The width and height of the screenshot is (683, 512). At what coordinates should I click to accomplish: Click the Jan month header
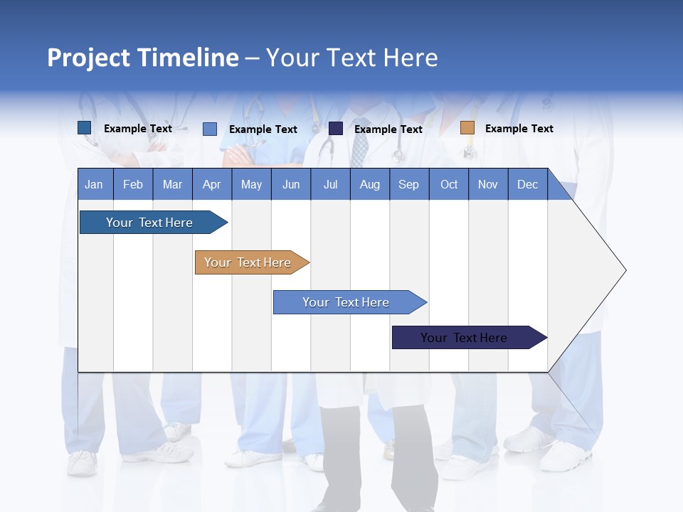click(95, 184)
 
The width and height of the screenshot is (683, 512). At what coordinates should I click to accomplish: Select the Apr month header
click(212, 184)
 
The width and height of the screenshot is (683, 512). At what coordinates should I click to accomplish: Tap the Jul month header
click(330, 184)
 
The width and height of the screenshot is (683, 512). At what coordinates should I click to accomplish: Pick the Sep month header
click(408, 184)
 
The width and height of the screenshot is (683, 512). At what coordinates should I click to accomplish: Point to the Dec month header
click(527, 184)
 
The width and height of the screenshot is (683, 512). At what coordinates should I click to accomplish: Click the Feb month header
click(133, 184)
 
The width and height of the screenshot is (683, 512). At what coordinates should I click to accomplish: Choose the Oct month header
click(449, 184)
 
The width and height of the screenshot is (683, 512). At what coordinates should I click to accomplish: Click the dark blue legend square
click(85, 128)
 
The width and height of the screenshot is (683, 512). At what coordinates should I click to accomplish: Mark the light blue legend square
click(210, 129)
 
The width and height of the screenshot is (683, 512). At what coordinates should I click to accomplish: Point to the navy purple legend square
click(336, 129)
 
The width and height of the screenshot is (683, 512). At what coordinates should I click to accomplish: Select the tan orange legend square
click(467, 128)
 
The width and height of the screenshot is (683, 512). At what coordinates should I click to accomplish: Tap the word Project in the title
click(88, 58)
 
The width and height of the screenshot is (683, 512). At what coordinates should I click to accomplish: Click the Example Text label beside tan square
click(519, 129)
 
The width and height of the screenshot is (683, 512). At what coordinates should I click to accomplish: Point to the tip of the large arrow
click(624, 270)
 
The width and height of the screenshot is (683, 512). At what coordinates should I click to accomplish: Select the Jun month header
click(291, 184)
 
